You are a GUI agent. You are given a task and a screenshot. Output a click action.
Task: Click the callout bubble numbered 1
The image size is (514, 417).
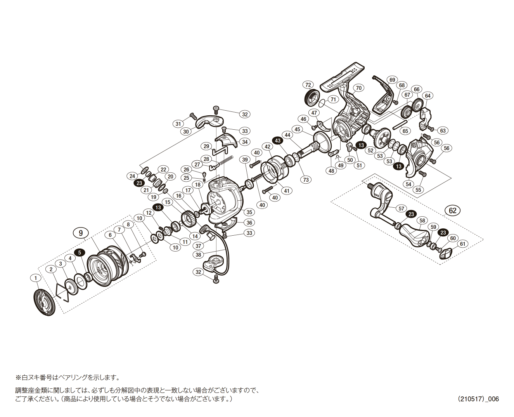tap(36, 278)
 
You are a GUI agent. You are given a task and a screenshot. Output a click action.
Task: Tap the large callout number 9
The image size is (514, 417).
tap(81, 233)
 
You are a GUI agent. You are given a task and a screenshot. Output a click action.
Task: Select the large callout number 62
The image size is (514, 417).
tap(453, 210)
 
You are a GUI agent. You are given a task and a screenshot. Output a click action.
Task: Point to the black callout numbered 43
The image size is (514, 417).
tap(278, 141)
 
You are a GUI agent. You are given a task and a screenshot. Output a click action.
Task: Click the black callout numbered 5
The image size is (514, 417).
tap(80, 252)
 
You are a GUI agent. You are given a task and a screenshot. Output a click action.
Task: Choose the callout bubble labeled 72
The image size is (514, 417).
tap(308, 85)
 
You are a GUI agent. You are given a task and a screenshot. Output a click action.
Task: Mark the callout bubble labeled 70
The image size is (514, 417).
tap(358, 88)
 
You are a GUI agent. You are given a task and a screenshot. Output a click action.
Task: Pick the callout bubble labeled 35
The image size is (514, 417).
tap(249, 212)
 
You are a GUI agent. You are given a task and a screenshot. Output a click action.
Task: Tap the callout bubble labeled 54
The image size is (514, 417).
tap(408, 184)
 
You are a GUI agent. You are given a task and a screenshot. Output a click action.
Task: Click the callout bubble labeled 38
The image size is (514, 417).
tap(199, 255)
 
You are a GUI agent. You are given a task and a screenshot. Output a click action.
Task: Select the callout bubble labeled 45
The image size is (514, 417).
tap(298, 129)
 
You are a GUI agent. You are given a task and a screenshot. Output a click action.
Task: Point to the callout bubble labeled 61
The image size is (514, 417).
tap(462, 244)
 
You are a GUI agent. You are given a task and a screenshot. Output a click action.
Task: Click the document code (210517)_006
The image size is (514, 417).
tap(478, 399)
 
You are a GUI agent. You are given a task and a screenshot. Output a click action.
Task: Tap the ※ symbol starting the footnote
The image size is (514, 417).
tap(18, 377)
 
